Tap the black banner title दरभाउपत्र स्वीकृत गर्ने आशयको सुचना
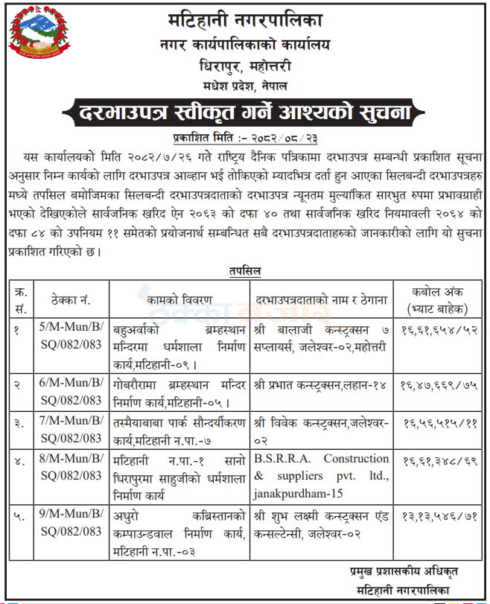tap(244, 113)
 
